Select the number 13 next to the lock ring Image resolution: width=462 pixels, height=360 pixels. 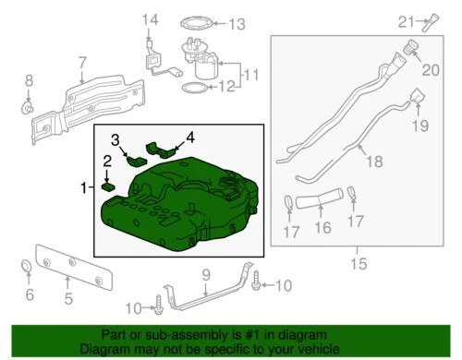tap(237, 24)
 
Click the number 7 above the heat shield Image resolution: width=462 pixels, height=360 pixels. tap(82, 64)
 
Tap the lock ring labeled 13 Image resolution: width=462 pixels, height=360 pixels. tap(197, 24)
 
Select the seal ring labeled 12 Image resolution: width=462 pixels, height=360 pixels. tap(194, 89)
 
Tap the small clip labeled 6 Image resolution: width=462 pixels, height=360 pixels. tap(28, 270)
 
